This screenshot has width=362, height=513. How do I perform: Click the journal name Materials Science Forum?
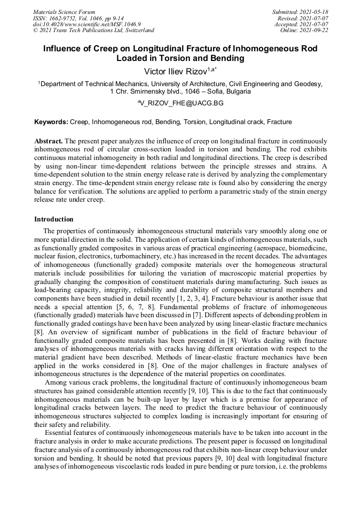click(x=64, y=12)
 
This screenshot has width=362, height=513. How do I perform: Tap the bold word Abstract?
click(x=49, y=140)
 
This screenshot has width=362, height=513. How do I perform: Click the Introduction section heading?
click(x=53, y=219)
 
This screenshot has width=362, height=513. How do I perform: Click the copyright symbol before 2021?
click(x=36, y=31)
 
